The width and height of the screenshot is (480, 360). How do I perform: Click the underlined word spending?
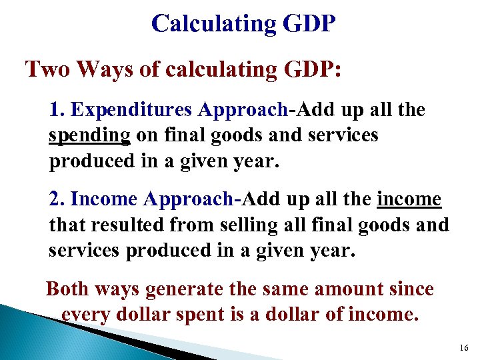pos(89,135)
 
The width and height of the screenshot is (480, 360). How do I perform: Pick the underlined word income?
pos(409,199)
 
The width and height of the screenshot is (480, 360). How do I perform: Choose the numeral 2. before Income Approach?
pos(57,199)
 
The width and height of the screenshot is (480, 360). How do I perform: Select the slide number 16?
pos(464,348)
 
